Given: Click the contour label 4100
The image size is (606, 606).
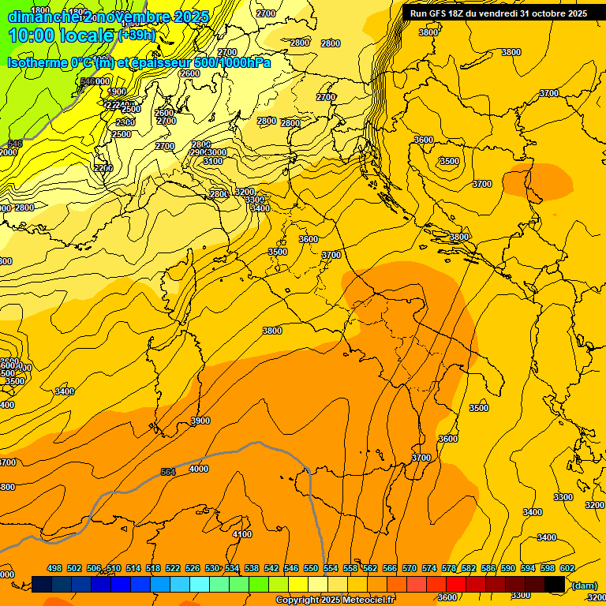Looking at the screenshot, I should (242, 534).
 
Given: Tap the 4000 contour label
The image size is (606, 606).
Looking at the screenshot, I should (199, 469).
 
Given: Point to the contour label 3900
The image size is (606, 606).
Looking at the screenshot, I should (200, 421).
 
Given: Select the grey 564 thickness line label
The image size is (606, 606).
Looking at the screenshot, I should (168, 472).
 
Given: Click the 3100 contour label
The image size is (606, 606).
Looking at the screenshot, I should (213, 161).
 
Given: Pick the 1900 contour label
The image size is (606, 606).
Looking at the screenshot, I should (117, 92).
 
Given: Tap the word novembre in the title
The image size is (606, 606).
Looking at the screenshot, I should (131, 17).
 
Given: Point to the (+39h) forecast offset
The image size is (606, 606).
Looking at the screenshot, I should (137, 36).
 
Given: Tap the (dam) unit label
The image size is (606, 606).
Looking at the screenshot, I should (584, 585).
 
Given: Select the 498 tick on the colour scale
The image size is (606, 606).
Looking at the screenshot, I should (54, 568).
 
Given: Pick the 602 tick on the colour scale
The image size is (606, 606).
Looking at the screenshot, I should (567, 568).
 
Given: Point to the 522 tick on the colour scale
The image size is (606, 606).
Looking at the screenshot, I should (173, 568).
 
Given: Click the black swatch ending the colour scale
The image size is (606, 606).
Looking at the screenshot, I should (555, 584).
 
